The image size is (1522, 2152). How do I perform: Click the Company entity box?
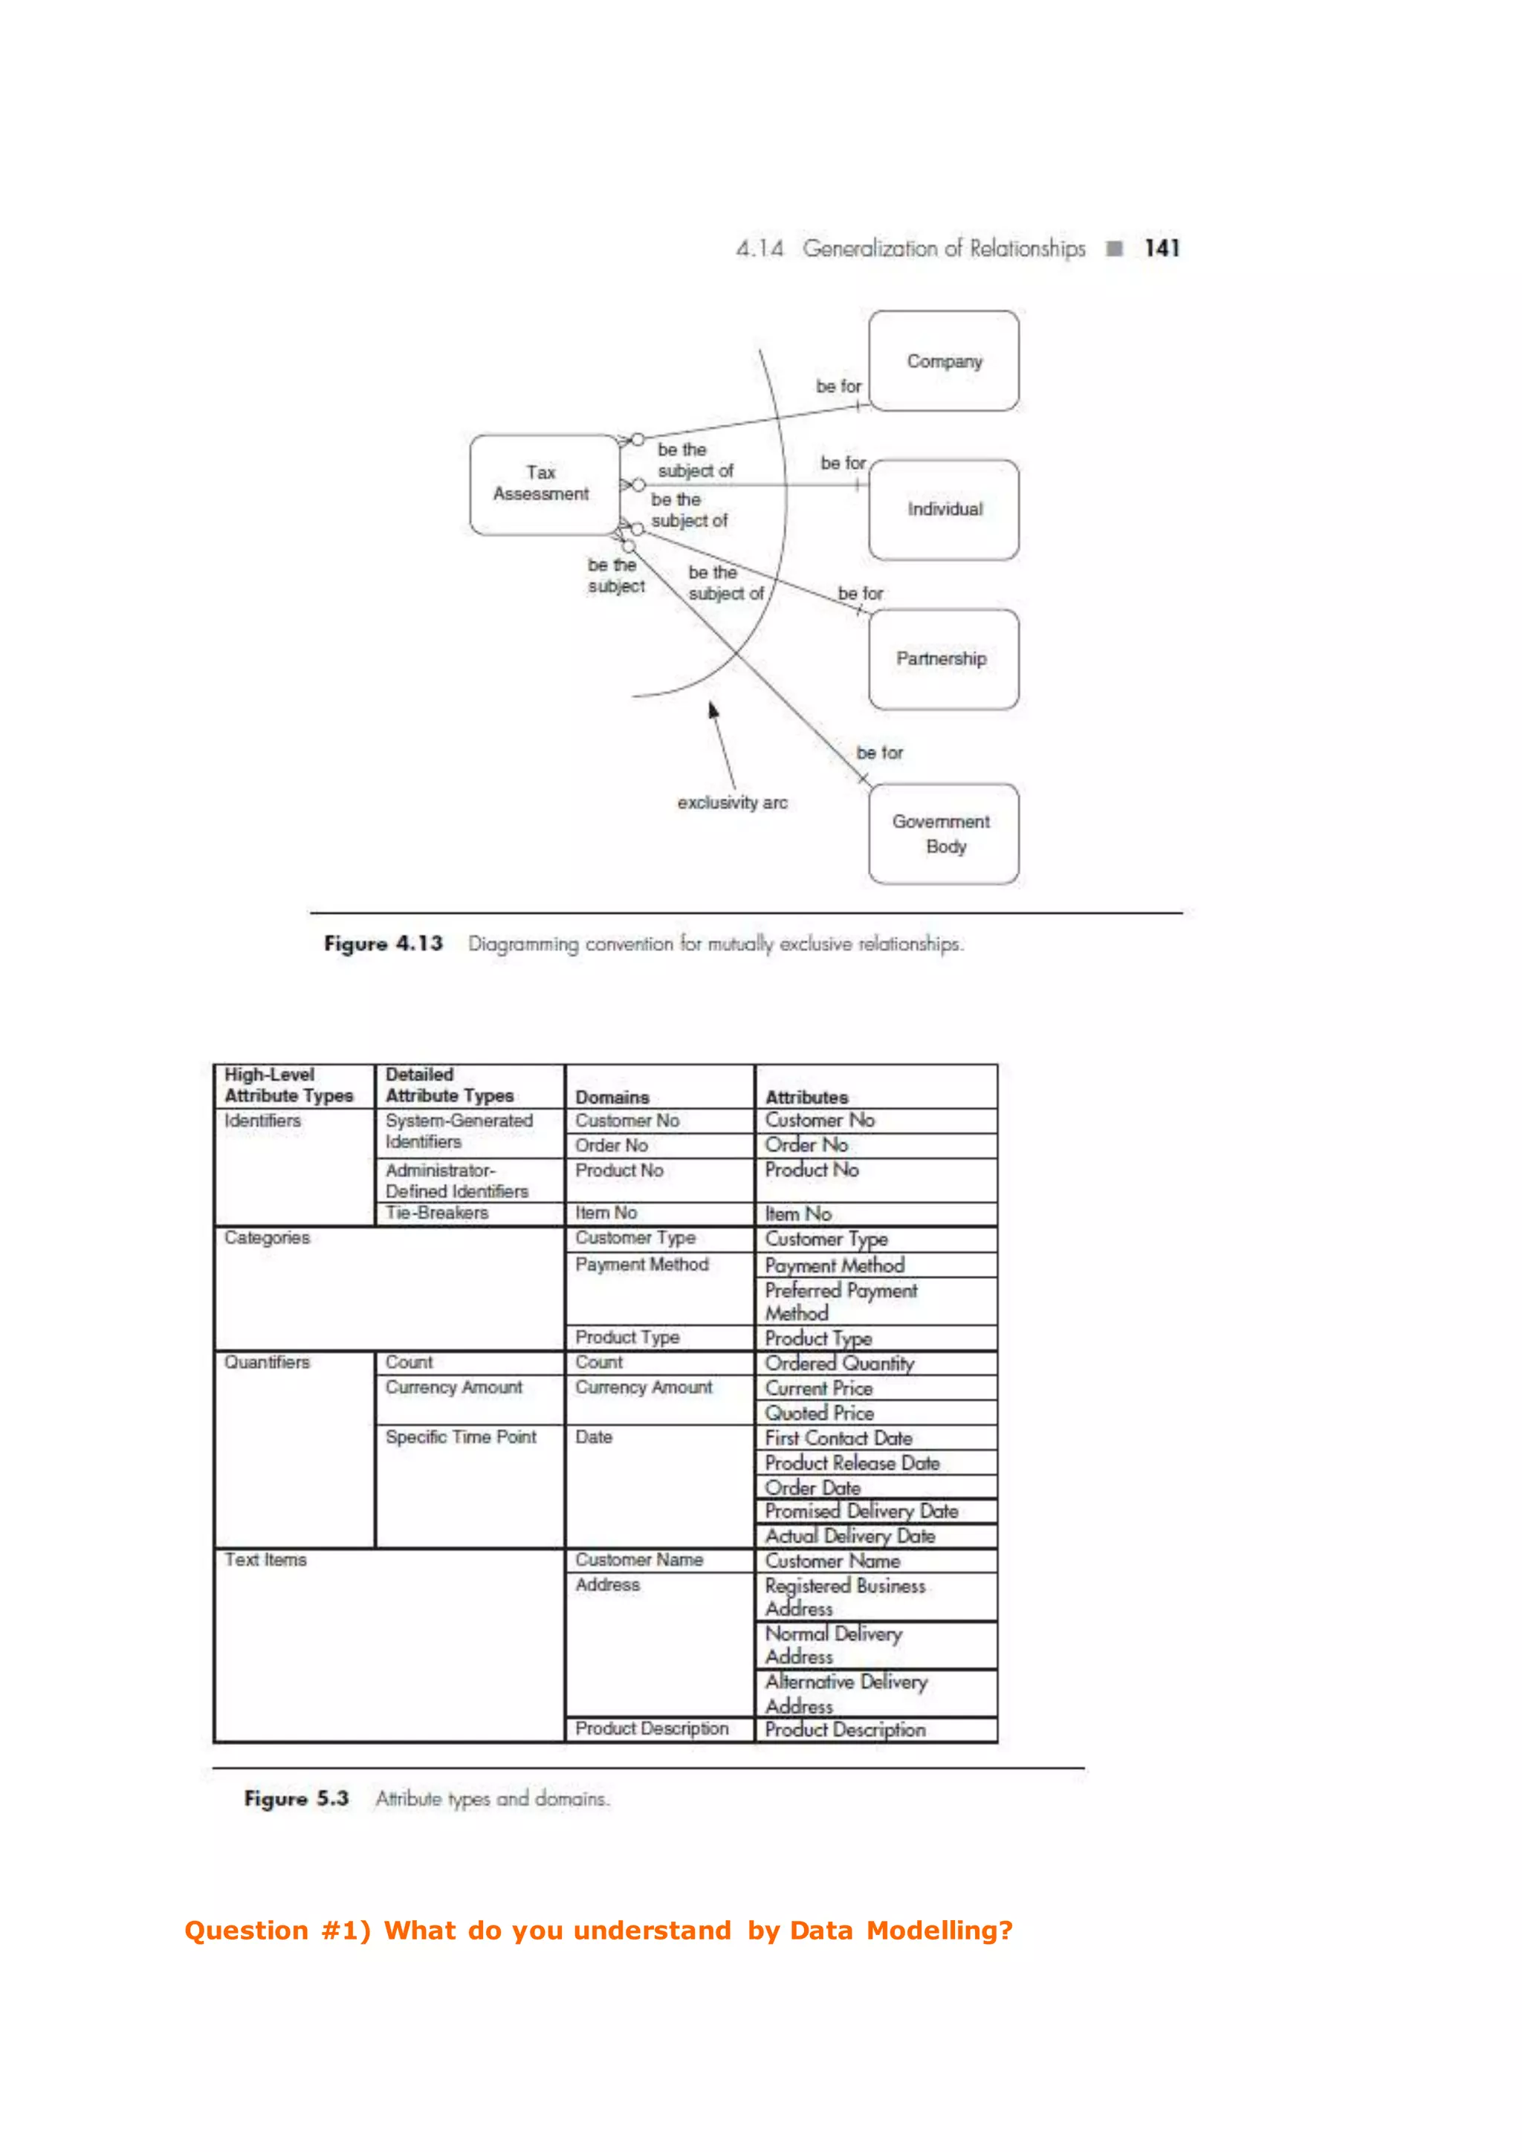(x=943, y=361)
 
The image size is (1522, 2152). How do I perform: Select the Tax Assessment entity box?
(x=543, y=484)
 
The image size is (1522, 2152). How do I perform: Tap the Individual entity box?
(x=944, y=509)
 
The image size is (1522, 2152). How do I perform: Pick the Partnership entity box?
(x=942, y=659)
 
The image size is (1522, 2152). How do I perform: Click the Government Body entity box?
(x=943, y=833)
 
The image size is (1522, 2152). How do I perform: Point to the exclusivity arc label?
(x=732, y=803)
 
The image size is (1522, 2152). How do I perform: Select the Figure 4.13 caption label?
(x=383, y=943)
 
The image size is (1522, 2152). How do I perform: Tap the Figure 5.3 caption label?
(x=297, y=1798)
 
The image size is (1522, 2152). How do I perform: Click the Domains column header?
(x=612, y=1097)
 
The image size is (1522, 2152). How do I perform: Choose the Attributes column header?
(x=806, y=1097)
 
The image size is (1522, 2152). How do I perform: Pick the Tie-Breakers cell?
(x=437, y=1213)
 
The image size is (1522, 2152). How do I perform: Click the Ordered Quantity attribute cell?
(x=839, y=1363)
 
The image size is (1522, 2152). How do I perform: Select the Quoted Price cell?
(x=819, y=1413)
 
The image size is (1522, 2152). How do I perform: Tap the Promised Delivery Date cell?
(x=861, y=1511)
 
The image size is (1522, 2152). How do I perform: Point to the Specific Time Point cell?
(x=460, y=1437)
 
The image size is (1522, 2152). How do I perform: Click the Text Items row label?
(x=265, y=1560)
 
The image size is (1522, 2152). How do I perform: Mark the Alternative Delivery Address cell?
(x=845, y=1693)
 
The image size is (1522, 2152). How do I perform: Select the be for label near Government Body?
(x=879, y=753)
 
